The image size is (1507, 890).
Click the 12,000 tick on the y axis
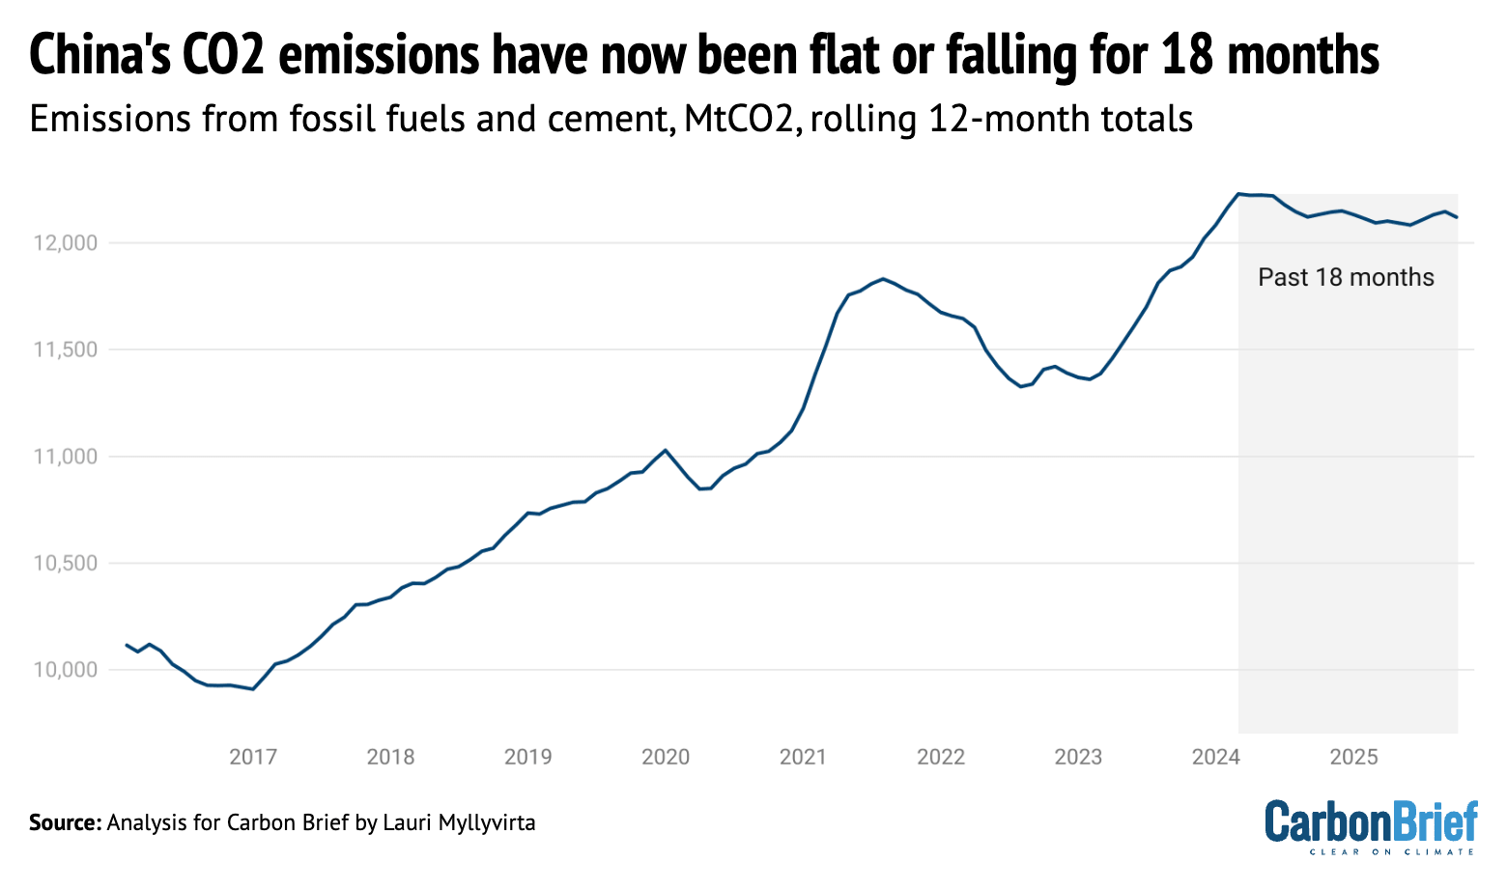tap(66, 243)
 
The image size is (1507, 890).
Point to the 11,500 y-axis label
tap(66, 350)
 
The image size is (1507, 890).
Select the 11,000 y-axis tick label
tap(66, 457)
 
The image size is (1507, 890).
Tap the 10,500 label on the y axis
tap(66, 564)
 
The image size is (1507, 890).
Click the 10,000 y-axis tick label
tap(66, 670)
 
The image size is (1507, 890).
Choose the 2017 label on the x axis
tap(253, 757)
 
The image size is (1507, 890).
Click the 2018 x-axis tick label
tap(390, 757)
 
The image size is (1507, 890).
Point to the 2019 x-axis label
tap(528, 757)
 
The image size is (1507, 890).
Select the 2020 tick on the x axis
tap(666, 757)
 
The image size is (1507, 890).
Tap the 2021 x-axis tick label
tap(803, 757)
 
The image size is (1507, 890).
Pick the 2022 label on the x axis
tap(941, 757)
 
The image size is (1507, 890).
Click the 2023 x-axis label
tap(1078, 757)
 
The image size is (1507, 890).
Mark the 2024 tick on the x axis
tap(1216, 757)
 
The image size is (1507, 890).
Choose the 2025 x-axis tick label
tap(1353, 757)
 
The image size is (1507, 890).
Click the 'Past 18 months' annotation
tap(1346, 278)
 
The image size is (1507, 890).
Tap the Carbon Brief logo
tap(1371, 826)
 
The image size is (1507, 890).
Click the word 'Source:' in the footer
tap(65, 823)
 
